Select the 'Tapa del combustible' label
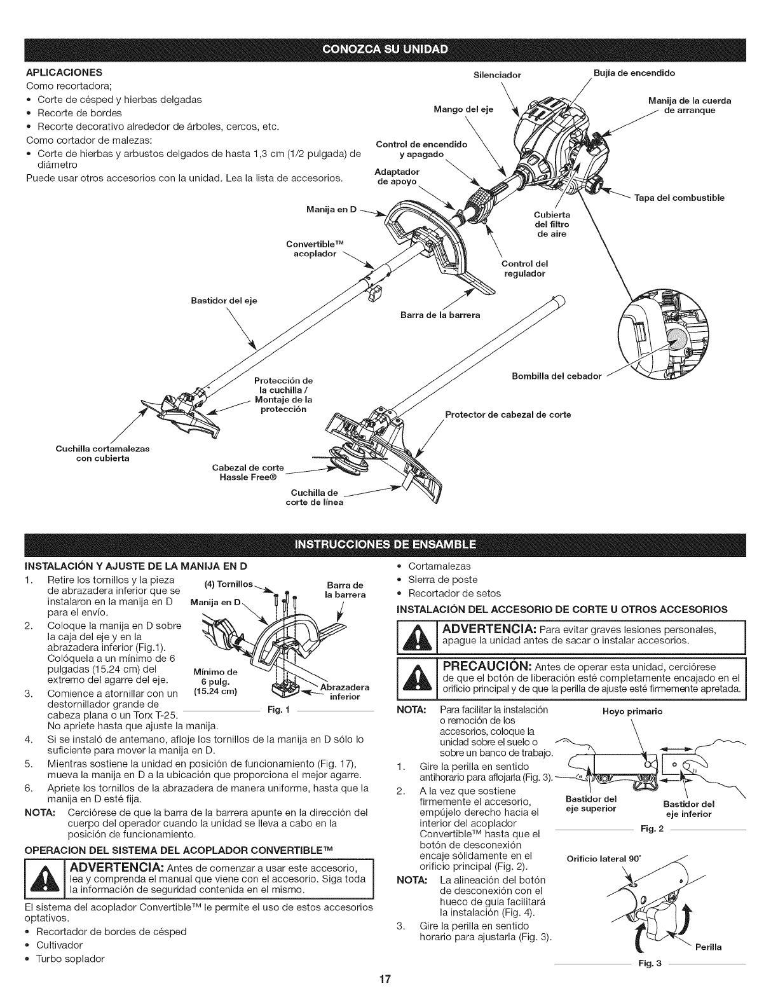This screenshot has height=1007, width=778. click(x=679, y=198)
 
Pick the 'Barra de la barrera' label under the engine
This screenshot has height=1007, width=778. click(x=440, y=315)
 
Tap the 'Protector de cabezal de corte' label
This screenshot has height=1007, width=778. click(x=508, y=414)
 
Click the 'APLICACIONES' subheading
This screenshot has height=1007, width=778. click(x=64, y=72)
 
